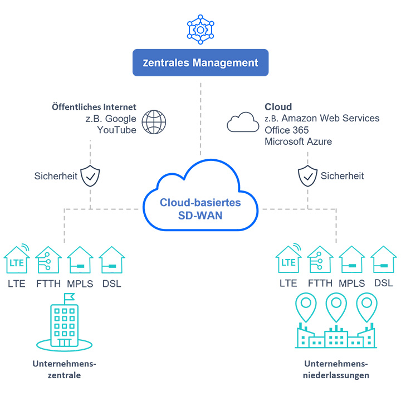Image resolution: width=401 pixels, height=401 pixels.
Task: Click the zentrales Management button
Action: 200,63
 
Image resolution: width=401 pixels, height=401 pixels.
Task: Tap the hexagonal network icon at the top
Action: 200,28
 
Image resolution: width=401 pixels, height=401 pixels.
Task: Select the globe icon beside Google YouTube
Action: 154,122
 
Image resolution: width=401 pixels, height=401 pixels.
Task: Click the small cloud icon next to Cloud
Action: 243,121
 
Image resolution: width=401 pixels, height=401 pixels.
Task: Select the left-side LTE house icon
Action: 17,260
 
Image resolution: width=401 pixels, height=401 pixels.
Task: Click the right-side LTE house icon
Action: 288,260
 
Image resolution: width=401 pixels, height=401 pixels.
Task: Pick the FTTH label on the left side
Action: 48,283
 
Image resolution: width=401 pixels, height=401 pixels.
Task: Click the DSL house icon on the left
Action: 111,260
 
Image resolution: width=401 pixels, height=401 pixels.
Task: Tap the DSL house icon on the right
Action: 383,260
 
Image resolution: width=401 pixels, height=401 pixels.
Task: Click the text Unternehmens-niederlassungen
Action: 336,369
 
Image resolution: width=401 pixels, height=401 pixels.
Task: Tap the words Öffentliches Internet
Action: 94,107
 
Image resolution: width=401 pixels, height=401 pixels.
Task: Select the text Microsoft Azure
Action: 298,141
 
